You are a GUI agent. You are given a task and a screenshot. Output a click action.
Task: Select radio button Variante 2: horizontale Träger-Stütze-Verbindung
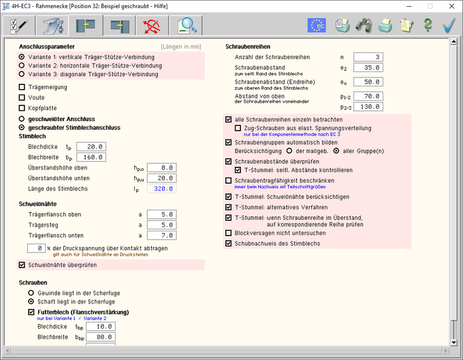[x=22, y=66]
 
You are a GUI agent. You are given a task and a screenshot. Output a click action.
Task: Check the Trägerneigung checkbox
[x=22, y=87]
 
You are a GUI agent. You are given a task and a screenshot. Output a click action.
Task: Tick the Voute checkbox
[x=22, y=97]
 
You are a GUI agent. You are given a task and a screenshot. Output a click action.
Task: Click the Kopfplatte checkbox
[x=22, y=108]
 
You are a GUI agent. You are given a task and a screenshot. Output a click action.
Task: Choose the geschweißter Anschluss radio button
[x=22, y=118]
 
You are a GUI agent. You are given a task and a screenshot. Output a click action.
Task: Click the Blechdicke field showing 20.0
[x=92, y=146]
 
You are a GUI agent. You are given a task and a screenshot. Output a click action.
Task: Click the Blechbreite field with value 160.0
[x=92, y=157]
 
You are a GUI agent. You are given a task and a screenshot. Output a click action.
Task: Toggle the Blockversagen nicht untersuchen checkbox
[x=228, y=233]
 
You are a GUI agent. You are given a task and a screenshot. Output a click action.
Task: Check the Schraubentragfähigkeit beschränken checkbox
[x=228, y=180]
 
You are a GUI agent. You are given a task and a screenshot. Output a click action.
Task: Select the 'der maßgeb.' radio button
[x=290, y=152]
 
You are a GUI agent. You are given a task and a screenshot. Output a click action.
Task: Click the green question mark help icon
[x=428, y=25]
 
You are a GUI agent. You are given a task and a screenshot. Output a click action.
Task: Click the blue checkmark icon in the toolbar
[x=449, y=25]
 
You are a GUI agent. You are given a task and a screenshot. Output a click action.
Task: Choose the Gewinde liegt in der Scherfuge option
[x=31, y=292]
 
